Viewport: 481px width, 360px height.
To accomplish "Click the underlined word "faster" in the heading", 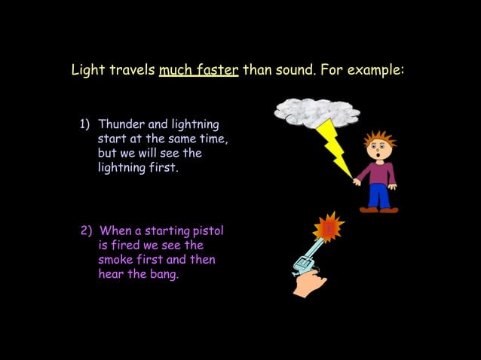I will point(217,71).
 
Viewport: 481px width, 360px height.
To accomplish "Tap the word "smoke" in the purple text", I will point(117,260).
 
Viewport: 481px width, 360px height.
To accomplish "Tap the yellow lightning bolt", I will point(335,147).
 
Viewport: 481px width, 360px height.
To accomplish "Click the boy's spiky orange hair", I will point(379,139).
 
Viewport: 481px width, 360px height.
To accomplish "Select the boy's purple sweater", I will point(377,172).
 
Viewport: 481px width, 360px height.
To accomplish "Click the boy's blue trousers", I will point(378,196).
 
